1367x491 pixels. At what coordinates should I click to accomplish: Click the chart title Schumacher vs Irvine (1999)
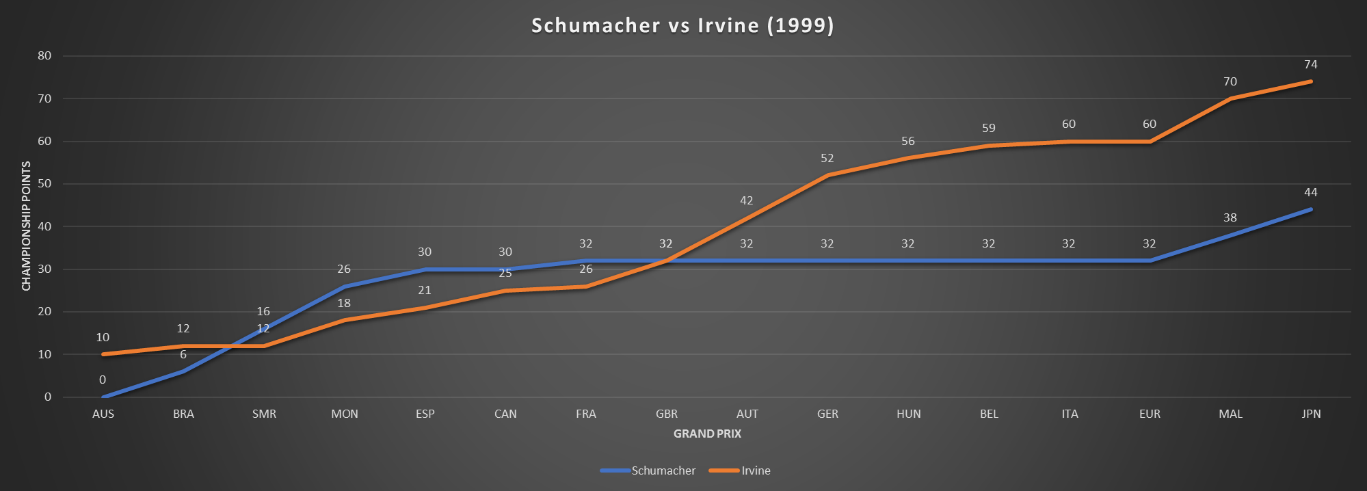click(x=682, y=25)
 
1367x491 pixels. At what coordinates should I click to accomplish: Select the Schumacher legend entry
click(x=663, y=470)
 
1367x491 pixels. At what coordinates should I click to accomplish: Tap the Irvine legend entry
click(x=756, y=470)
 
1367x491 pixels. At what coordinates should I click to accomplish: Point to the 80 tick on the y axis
click(x=44, y=56)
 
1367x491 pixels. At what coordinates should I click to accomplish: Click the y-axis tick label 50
click(x=44, y=184)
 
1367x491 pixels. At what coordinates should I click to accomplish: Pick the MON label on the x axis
click(x=345, y=414)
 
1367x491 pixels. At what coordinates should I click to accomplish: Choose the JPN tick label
click(x=1311, y=414)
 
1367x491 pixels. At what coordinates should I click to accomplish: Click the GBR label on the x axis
click(x=667, y=414)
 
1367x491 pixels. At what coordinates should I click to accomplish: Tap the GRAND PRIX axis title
click(x=707, y=434)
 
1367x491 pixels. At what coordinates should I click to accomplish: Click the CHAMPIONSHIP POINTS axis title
click(x=27, y=226)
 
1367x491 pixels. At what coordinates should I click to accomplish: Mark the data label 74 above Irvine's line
click(x=1311, y=65)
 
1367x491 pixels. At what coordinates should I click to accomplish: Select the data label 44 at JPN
click(x=1311, y=193)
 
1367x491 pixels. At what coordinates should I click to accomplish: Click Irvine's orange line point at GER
click(x=827, y=175)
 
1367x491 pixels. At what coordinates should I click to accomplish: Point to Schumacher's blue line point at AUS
click(x=103, y=397)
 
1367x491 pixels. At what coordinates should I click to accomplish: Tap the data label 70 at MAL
click(x=1230, y=82)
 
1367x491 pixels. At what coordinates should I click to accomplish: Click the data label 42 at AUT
click(x=747, y=201)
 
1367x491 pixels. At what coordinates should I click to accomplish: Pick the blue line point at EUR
click(x=1150, y=261)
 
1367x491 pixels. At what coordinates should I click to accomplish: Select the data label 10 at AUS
click(x=103, y=338)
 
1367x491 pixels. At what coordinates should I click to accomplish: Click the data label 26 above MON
click(x=344, y=269)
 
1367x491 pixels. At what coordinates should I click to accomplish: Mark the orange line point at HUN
click(x=908, y=158)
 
